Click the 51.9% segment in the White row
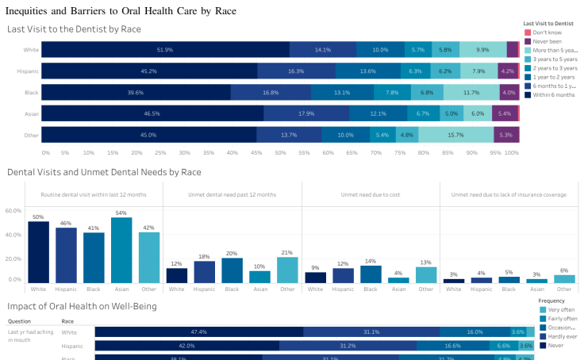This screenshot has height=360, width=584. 165,49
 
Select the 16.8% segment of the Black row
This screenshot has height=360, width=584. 271,92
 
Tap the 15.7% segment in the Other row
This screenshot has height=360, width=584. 455,135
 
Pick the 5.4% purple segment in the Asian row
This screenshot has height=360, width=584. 505,113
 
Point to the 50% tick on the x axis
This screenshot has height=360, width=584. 280,152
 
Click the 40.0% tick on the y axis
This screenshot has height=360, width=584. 14,235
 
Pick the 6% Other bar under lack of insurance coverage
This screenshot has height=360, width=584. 564,278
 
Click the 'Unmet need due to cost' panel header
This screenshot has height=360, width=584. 371,194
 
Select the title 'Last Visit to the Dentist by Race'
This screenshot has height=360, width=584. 74,29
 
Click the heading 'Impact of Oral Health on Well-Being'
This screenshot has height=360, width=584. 82,306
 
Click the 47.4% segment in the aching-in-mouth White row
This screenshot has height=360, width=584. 199,332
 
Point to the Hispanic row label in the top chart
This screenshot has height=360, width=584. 29,71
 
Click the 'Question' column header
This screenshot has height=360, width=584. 19,322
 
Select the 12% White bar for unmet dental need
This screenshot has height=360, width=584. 177,275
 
